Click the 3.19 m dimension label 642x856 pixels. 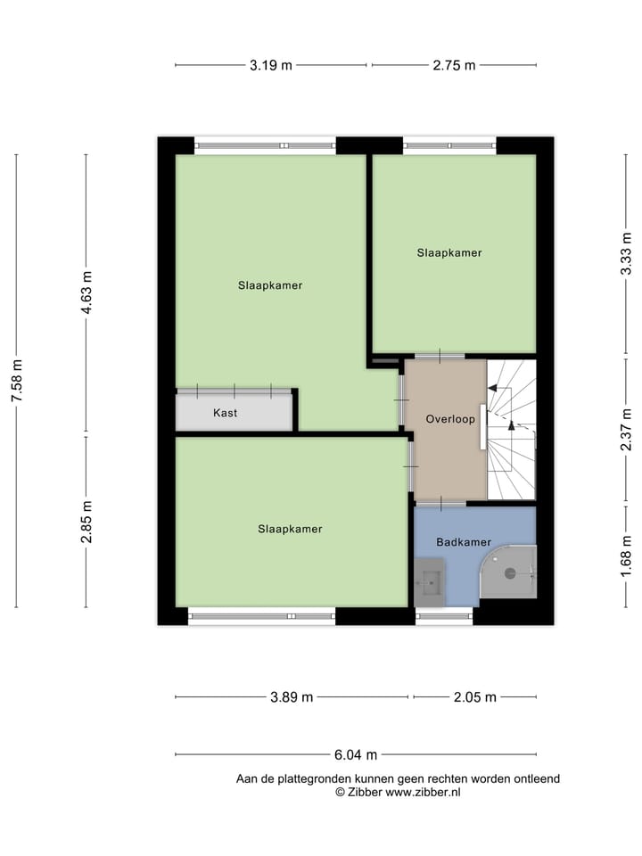click(x=270, y=65)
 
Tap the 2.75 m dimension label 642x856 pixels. click(x=454, y=65)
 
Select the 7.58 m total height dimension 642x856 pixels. click(x=16, y=382)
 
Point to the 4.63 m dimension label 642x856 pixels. click(x=86, y=292)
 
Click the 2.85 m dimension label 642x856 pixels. click(x=86, y=523)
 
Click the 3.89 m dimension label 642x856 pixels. click(x=292, y=697)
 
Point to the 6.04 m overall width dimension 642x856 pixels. click(x=355, y=754)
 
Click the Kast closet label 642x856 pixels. click(x=226, y=413)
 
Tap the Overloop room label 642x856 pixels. click(x=450, y=418)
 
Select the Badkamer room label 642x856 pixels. click(x=464, y=542)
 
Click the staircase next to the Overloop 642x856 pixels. click(x=512, y=428)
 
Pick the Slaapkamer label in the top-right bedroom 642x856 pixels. click(x=449, y=252)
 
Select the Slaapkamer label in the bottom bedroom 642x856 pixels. click(x=290, y=529)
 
